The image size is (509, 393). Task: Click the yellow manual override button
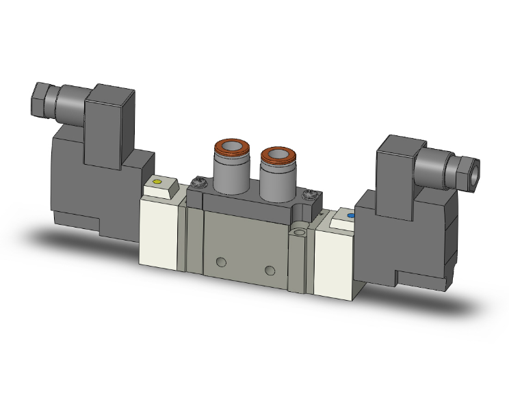click(x=157, y=182)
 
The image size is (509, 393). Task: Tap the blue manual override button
click(x=352, y=217)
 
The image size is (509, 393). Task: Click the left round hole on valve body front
click(x=220, y=261)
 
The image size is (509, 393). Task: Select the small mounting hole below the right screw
click(x=299, y=234)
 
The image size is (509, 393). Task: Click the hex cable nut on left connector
click(x=41, y=100)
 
